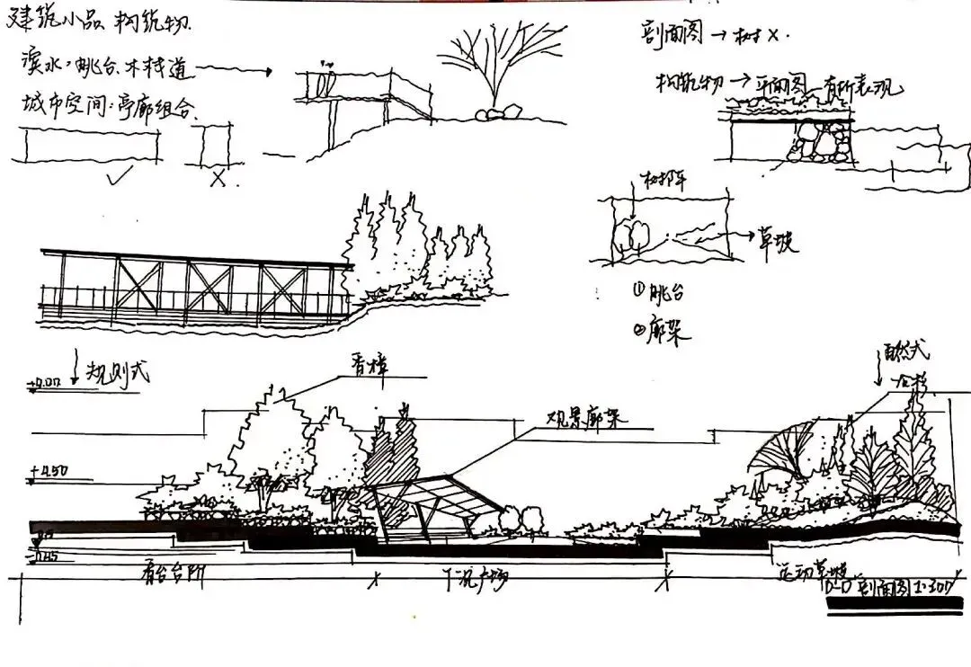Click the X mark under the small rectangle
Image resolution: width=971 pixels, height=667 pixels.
click(x=217, y=178)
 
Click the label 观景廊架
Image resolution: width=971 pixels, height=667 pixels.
click(x=584, y=420)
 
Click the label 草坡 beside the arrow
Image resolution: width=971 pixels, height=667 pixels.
click(x=777, y=243)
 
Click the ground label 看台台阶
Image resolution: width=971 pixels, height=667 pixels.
click(x=171, y=575)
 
